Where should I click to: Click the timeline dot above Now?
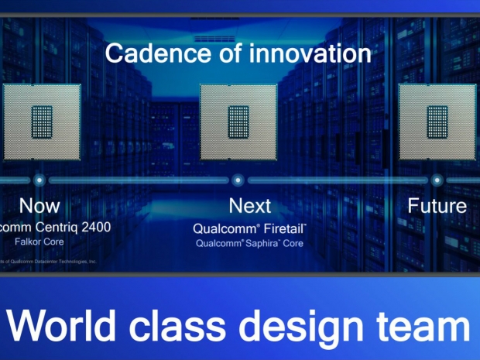click(39, 180)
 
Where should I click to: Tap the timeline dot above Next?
click(238, 180)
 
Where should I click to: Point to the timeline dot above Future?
click(437, 180)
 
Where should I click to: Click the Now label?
click(39, 206)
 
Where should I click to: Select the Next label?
click(250, 206)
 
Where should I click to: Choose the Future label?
click(437, 206)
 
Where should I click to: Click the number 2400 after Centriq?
click(92, 228)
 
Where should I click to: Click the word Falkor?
click(28, 242)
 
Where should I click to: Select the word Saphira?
click(259, 243)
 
